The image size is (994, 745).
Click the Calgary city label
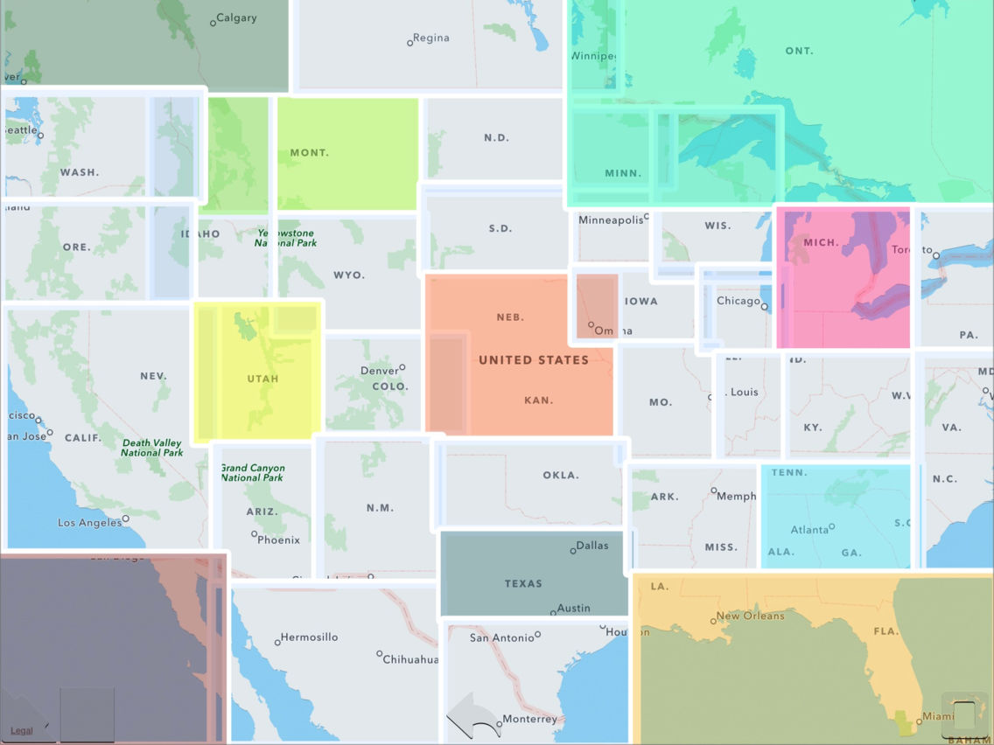(x=236, y=18)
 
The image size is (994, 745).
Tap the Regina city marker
(x=410, y=42)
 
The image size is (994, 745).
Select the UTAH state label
(x=262, y=379)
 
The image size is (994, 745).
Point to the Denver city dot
(x=402, y=367)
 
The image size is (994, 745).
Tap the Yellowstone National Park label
(x=285, y=238)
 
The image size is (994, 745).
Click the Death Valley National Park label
(x=151, y=448)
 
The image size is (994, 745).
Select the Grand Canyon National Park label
(x=252, y=473)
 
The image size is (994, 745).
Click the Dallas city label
(x=592, y=546)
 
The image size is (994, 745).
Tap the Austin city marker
(x=553, y=613)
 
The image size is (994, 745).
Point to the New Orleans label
(x=750, y=616)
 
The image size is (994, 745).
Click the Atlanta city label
(x=809, y=530)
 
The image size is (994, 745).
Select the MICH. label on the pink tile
(x=821, y=242)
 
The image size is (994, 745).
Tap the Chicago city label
(x=738, y=301)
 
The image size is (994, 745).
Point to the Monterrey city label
(x=530, y=719)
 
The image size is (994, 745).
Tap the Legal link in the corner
(x=21, y=731)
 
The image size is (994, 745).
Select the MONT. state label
(x=309, y=153)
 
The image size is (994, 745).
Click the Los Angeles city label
(x=89, y=523)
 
